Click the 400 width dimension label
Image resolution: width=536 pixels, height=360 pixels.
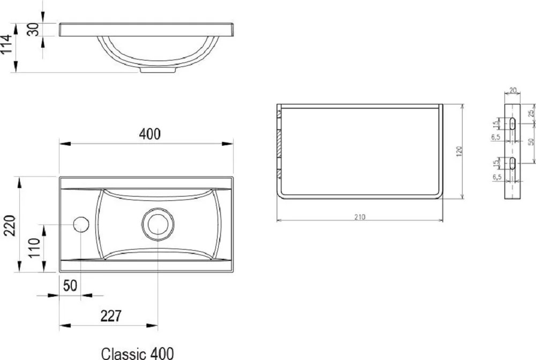click(150, 134)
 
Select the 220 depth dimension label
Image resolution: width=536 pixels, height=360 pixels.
click(10, 226)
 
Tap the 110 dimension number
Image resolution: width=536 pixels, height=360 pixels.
click(34, 248)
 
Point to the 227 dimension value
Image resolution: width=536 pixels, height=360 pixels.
click(111, 316)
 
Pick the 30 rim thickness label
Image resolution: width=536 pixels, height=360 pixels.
click(33, 29)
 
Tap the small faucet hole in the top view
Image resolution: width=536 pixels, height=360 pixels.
click(81, 224)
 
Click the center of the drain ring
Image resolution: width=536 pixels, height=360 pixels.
click(158, 224)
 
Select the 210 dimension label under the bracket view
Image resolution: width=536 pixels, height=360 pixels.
click(360, 217)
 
